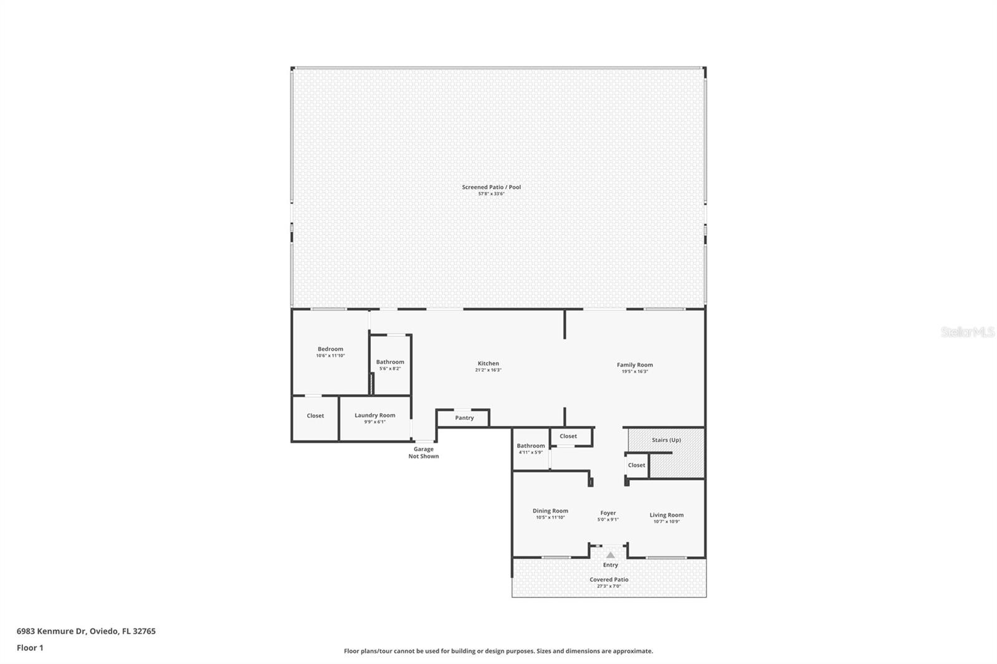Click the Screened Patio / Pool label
[x=491, y=187]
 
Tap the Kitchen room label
[x=488, y=363]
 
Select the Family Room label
[x=634, y=365]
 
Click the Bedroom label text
[x=330, y=349]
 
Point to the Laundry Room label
[x=374, y=415]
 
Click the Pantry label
[x=464, y=418]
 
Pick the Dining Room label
[x=550, y=511]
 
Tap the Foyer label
[x=608, y=513]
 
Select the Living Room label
[x=666, y=515]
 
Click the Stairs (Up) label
[x=666, y=440]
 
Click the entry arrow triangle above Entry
[x=611, y=555]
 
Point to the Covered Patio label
[x=609, y=579]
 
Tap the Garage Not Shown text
[x=423, y=452]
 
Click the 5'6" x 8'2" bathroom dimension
[x=390, y=369]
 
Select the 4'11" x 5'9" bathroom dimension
[x=530, y=452]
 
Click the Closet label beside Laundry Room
[x=315, y=415]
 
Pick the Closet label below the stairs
[x=636, y=465]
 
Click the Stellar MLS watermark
[x=967, y=333]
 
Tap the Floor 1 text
[x=30, y=648]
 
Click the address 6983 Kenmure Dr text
[x=86, y=631]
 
